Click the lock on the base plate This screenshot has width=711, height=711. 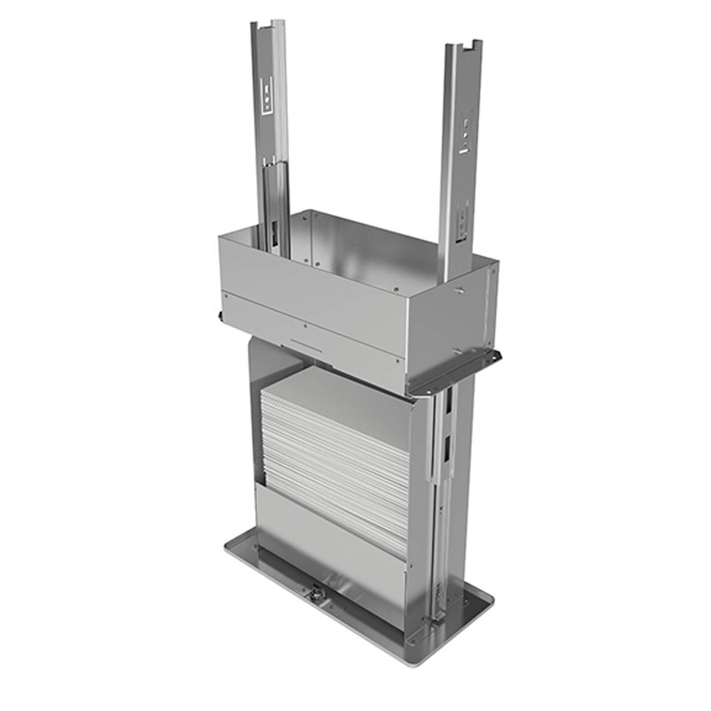[x=316, y=590]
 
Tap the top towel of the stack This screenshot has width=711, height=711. [x=338, y=391]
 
